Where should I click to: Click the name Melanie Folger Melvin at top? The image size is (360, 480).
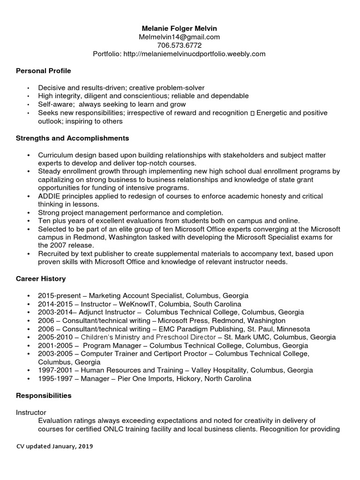tap(179, 28)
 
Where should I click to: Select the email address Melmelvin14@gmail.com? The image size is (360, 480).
tap(179, 37)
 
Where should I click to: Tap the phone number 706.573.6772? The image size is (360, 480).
tap(179, 45)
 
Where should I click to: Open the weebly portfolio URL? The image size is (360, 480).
tap(194, 54)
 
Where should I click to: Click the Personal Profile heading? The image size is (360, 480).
tap(44, 71)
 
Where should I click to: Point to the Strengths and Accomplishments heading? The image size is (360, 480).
tap(73, 138)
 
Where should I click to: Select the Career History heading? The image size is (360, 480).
tap(41, 278)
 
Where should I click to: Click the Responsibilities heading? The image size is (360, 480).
tap(44, 396)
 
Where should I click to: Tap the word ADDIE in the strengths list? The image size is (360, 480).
tap(49, 196)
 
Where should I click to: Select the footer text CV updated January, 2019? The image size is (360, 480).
tap(54, 447)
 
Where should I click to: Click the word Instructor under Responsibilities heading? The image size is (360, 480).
tap(31, 412)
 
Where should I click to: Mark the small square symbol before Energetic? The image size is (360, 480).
tap(253, 113)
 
